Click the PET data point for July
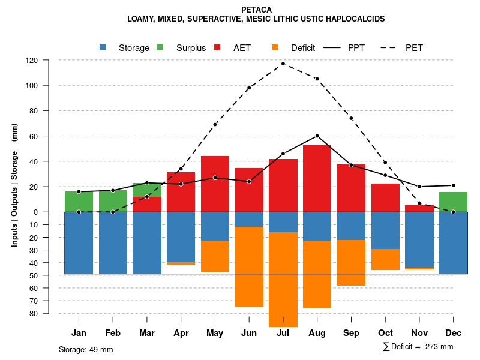pos(283,64)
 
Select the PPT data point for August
pos(317,136)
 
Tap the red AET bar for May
pos(215,184)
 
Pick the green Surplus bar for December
pos(453,202)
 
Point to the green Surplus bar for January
pos(79,202)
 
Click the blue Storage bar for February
pos(113,243)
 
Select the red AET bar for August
pos(317,178)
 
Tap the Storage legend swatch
pos(103,47)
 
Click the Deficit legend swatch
pos(275,47)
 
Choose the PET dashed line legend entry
pos(392,47)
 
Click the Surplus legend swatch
pos(161,47)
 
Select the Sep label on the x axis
pos(351,333)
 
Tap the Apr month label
pos(181,333)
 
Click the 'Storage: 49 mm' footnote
pos(86,349)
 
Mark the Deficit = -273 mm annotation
pos(418,347)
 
